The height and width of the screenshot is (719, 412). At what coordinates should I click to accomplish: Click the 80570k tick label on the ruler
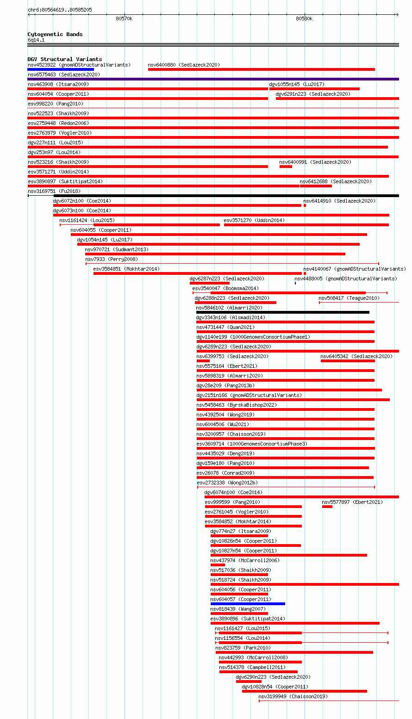click(124, 19)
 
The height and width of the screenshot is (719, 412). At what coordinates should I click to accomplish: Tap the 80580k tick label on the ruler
click(304, 19)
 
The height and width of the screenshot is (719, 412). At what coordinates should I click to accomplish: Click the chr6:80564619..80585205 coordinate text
click(60, 10)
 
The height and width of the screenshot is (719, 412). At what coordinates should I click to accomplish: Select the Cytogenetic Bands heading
click(55, 34)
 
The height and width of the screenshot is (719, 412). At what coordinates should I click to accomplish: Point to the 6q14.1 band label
click(36, 40)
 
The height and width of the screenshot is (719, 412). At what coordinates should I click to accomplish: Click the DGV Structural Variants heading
click(64, 59)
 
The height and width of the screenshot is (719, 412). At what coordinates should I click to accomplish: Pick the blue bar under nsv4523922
click(61, 69)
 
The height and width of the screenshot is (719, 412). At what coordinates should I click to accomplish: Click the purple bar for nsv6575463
click(213, 79)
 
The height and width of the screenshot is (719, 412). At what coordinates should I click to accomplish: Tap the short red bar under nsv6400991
click(286, 167)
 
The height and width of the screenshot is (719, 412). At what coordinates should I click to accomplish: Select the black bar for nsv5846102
click(282, 312)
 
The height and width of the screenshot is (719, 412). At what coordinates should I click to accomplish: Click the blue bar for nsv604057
click(248, 604)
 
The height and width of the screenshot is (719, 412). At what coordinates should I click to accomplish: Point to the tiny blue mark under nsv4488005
click(295, 283)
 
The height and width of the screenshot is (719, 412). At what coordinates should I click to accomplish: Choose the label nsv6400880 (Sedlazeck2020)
click(184, 65)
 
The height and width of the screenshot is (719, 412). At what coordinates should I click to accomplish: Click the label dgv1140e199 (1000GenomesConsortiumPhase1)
click(253, 337)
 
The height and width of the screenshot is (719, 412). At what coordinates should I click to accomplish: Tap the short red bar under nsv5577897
click(327, 507)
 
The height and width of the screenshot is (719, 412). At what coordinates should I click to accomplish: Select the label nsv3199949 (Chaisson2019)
click(293, 696)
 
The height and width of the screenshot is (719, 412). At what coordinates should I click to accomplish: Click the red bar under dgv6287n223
click(210, 283)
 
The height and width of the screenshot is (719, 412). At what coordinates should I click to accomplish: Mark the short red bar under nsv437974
click(218, 565)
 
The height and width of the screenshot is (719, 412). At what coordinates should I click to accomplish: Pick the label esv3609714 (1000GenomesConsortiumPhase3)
click(252, 444)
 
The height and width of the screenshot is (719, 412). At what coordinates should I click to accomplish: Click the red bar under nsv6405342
click(348, 361)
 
